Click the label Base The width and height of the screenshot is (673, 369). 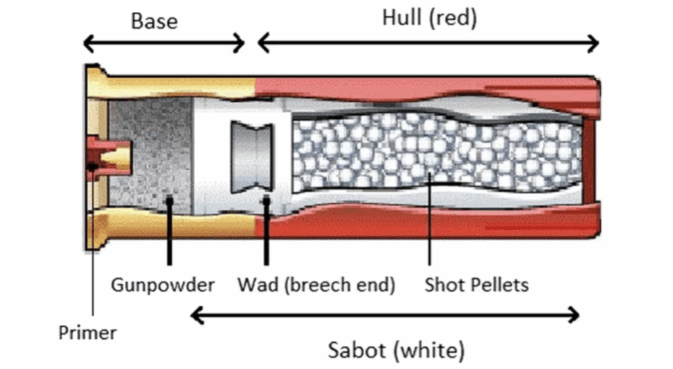(x=154, y=21)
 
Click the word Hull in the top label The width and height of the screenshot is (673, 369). (x=402, y=18)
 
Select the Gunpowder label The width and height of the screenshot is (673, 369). (x=162, y=285)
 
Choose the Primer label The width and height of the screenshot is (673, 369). (x=87, y=332)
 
